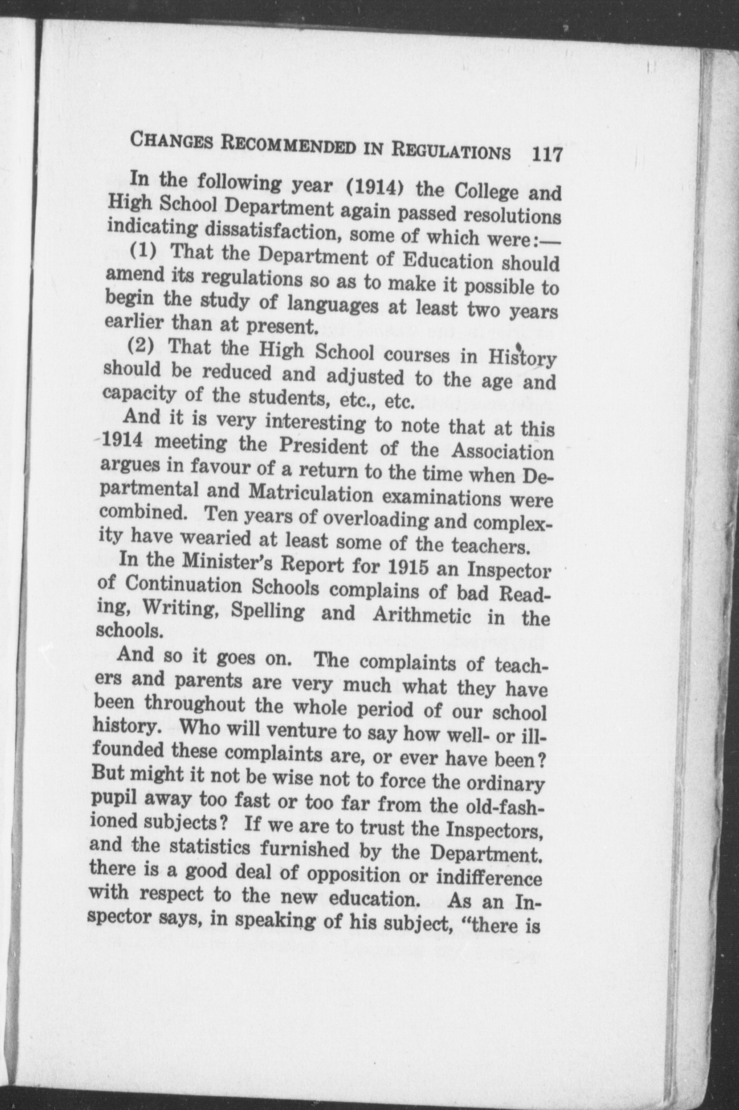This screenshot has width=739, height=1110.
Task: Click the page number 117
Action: (x=546, y=155)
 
